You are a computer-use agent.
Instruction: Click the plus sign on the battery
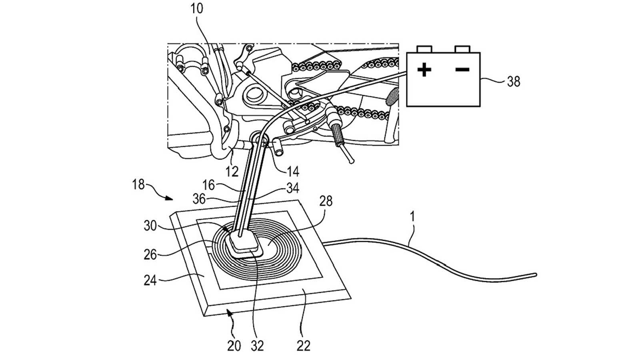[424, 70]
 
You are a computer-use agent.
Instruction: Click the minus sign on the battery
[462, 70]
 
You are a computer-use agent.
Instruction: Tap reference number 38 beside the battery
[513, 82]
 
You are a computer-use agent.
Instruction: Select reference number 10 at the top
[196, 9]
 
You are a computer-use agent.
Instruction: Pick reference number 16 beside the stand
[208, 185]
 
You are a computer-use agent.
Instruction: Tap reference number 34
[292, 188]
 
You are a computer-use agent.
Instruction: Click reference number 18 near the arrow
[138, 185]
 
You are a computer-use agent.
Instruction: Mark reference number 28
[326, 201]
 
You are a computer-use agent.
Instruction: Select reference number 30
[150, 226]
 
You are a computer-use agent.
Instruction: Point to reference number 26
[150, 254]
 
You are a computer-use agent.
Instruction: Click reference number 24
[150, 280]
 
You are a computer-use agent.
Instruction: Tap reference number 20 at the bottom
[234, 346]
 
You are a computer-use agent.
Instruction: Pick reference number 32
[257, 346]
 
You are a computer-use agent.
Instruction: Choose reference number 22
[304, 346]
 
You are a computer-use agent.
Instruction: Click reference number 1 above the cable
[412, 217]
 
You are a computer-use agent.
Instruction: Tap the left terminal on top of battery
[424, 49]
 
